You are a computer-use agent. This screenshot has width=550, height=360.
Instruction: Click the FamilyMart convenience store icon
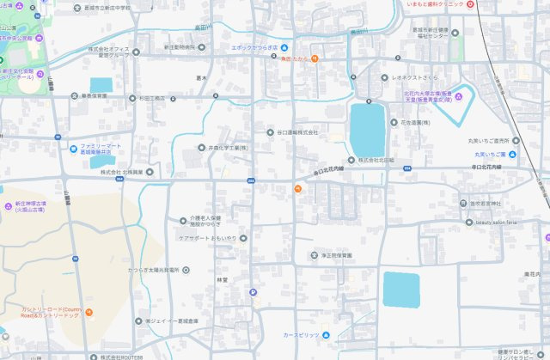point(74,148)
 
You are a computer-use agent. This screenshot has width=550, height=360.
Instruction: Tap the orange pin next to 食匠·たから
point(315,59)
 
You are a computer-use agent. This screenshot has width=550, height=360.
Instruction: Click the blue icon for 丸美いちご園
point(512,155)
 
